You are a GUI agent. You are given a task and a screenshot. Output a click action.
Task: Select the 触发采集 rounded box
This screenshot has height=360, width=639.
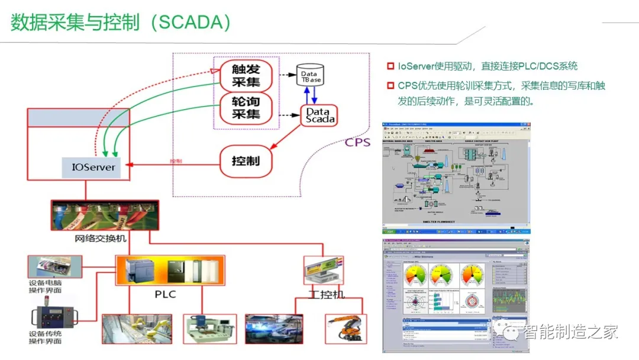click(246, 75)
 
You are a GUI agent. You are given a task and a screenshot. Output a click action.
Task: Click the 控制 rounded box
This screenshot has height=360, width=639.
click(246, 160)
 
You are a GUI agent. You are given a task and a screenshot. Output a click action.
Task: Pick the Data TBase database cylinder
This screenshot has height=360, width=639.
click(311, 76)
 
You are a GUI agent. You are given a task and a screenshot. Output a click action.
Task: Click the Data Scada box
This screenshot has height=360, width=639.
click(320, 115)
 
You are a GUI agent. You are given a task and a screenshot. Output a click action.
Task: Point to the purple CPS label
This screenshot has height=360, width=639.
click(357, 142)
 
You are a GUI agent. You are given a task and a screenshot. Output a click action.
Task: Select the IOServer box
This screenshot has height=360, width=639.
click(93, 167)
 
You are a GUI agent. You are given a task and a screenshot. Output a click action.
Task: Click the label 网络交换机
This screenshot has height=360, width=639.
click(100, 239)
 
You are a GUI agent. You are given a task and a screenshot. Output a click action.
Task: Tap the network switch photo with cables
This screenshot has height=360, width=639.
click(105, 216)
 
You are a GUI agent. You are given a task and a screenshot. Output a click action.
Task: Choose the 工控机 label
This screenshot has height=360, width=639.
click(325, 294)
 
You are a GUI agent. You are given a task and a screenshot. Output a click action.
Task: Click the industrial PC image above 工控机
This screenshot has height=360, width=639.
click(323, 269)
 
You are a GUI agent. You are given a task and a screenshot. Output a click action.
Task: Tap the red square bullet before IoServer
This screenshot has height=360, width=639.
click(390, 66)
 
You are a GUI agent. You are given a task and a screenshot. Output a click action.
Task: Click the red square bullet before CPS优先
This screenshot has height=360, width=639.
click(390, 86)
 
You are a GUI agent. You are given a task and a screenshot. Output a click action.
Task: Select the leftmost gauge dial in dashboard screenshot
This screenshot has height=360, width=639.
click(417, 275)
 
